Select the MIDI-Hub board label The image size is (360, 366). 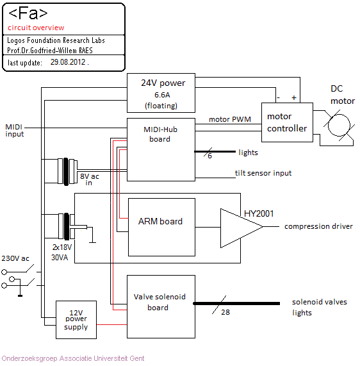[160, 134]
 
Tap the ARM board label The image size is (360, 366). [160, 221]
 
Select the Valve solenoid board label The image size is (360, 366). [160, 302]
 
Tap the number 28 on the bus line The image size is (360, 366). [225, 312]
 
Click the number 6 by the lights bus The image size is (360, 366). [209, 156]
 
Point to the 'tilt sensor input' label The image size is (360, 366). [263, 173]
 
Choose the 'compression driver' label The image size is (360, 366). [318, 226]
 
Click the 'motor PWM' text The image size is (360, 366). [230, 119]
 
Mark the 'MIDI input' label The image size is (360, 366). [15, 131]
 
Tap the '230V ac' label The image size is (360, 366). [15, 258]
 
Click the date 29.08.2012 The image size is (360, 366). [68, 62]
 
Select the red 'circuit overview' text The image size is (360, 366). [36, 28]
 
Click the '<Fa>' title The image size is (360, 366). [28, 13]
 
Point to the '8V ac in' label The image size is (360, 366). [89, 179]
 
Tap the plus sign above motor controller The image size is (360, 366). [294, 97]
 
